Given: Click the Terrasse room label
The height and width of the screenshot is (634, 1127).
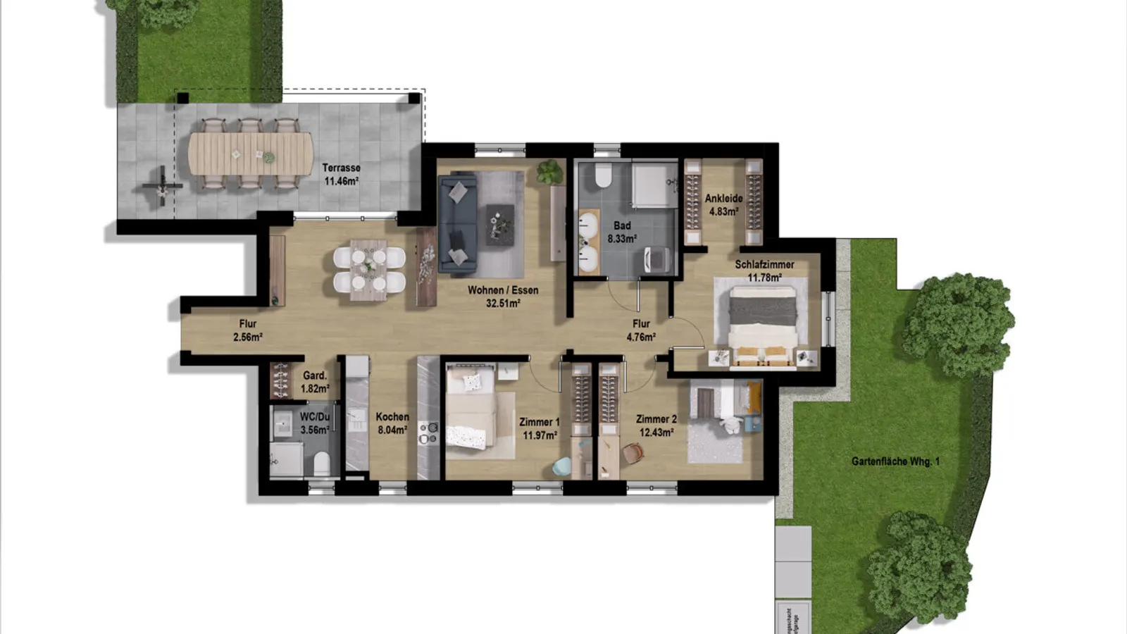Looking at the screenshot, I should coord(341,168).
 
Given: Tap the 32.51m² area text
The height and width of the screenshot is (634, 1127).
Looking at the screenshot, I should coord(503,304).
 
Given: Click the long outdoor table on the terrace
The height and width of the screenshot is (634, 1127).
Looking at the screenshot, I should coord(250,154).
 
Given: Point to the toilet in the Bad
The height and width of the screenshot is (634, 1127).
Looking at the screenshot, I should coord(603,176).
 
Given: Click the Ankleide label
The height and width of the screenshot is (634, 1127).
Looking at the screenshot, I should coord(723,199).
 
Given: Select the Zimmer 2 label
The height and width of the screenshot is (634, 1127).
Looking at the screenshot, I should coord(656,419).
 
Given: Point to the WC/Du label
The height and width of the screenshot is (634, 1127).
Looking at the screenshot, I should coord(314,417).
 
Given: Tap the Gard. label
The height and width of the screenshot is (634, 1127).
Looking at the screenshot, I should coord(314,375).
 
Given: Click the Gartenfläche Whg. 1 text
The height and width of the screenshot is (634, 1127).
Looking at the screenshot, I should coord(895,461).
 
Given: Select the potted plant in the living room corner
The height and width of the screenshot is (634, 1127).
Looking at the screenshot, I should coord(549,171).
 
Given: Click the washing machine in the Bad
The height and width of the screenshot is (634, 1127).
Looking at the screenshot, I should coord(656,259).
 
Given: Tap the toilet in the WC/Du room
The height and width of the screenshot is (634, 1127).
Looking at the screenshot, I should coord(321,463).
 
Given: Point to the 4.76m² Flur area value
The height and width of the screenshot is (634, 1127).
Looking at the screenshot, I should coord(641,337).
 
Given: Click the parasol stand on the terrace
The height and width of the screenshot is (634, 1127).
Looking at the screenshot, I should coord(162,186).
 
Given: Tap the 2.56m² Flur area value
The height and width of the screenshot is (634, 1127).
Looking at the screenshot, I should coord(248,337).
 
